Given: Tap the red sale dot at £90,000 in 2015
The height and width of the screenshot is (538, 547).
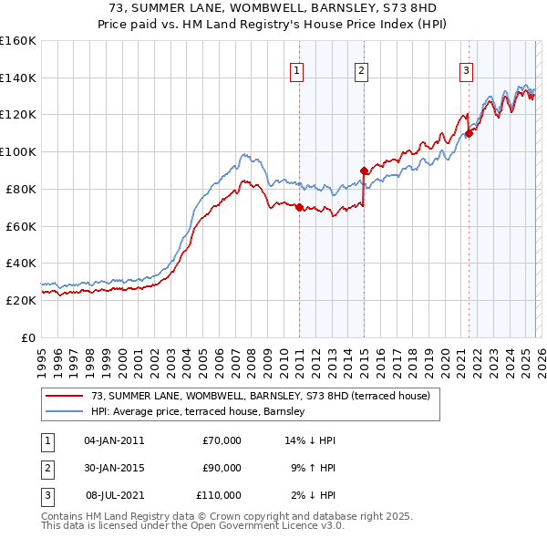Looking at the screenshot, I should click(364, 170).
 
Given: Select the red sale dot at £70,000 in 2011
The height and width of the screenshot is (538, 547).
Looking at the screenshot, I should click(299, 207).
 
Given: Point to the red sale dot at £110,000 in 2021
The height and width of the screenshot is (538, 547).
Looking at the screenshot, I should click(469, 133).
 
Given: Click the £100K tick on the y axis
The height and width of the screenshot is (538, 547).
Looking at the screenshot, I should click(17, 151).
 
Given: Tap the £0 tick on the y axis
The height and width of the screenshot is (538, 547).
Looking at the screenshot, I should click(27, 337).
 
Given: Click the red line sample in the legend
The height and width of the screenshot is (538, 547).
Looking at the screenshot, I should click(65, 396).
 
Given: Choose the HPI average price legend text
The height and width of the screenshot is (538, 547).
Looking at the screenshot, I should click(198, 412).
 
